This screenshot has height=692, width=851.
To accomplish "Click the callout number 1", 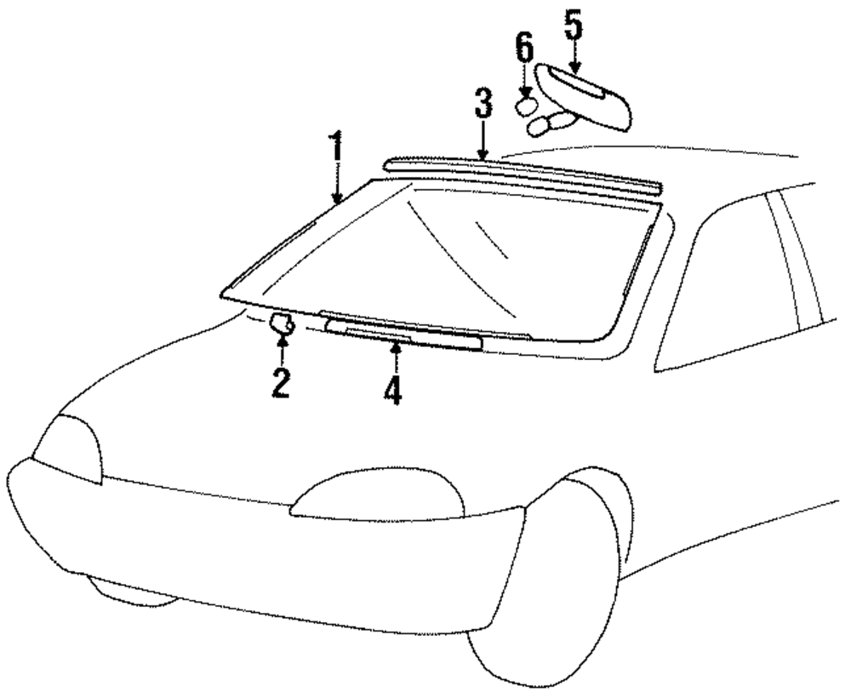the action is coord(337,149).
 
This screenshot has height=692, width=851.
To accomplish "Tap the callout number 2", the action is coord(281,383).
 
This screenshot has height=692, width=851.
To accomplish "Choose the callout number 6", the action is coord(525,50).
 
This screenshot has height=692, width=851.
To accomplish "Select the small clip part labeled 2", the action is coord(281,323).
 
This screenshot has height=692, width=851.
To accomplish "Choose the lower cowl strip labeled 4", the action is coord(403,336).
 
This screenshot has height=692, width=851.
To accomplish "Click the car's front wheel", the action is coord(545,587).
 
